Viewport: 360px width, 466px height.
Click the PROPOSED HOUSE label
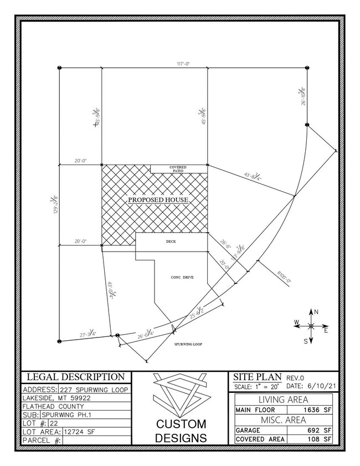coord(159,200)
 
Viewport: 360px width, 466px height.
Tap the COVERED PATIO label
coord(178,169)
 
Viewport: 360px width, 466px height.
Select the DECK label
coord(171,242)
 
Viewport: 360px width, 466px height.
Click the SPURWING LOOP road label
coord(186,344)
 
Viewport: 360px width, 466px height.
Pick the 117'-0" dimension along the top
coord(183,64)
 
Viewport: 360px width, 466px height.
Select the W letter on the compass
coord(297,322)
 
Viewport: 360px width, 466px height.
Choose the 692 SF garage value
coord(320,430)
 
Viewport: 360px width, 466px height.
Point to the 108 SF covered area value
coord(320,439)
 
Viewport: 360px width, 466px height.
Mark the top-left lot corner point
coord(59,68)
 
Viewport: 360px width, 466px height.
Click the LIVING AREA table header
coord(284,400)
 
